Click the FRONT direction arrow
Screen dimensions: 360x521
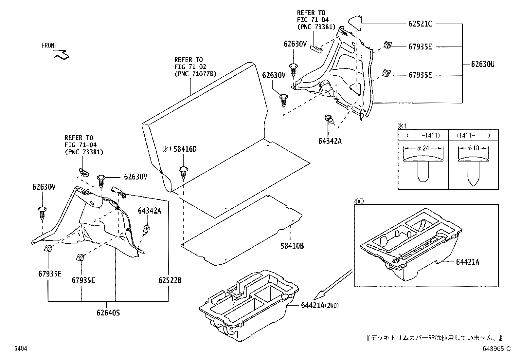[61, 54]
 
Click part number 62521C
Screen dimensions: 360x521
[420, 24]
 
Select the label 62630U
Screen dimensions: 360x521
[483, 65]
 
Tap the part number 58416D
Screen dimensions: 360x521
[185, 149]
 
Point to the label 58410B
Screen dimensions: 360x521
[292, 246]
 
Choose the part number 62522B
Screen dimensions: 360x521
[170, 280]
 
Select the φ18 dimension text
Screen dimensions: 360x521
[473, 148]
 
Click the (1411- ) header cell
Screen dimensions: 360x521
[473, 135]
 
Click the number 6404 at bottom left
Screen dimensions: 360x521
[20, 349]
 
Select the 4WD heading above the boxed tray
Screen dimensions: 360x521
[359, 201]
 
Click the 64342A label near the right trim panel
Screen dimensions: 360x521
[330, 141]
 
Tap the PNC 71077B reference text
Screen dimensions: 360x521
[195, 74]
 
